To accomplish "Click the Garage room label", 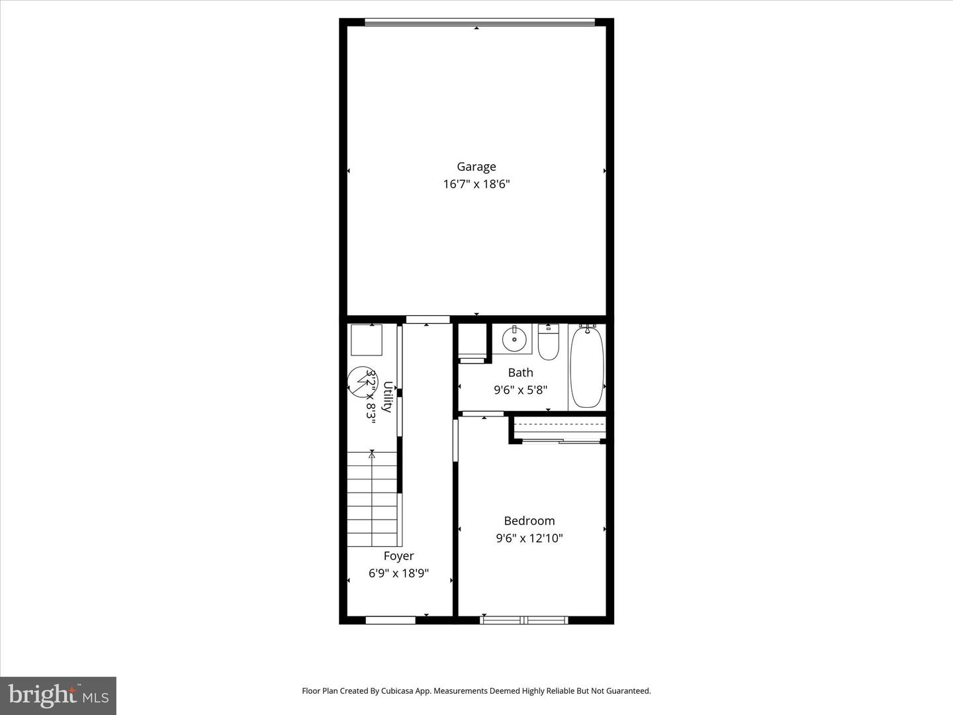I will [x=476, y=167].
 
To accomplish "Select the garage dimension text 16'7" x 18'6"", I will [x=476, y=184].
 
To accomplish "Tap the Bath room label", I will [x=520, y=373].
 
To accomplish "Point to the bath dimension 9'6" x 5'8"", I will [x=520, y=391].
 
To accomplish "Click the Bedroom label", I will [x=529, y=521].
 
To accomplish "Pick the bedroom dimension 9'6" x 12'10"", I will [x=529, y=538].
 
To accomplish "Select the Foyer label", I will [x=398, y=556].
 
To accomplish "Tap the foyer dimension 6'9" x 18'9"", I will [x=398, y=573].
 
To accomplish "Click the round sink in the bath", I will [x=514, y=339].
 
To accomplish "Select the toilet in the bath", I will [x=548, y=342].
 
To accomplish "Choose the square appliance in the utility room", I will [x=366, y=340].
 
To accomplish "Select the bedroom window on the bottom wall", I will [x=523, y=620].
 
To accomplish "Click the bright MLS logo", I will [x=58, y=695].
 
